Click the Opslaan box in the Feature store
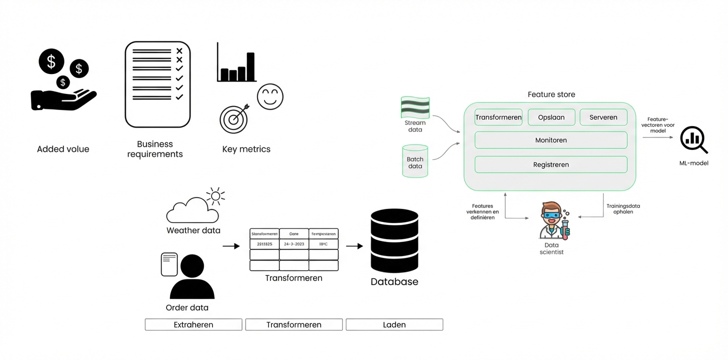coord(551,117)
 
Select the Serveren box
coord(603,117)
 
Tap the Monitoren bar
coord(550,140)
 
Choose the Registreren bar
coord(550,164)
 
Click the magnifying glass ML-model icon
coord(693,140)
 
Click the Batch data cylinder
coord(415,161)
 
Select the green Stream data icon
coord(415,107)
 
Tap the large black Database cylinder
coord(394,241)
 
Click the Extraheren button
coord(193,324)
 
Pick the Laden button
coord(394,324)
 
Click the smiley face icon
coord(270,96)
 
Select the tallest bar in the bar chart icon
coord(250,66)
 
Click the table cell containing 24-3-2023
coord(293,244)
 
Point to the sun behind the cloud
coord(215,196)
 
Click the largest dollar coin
coord(51,62)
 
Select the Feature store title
coord(551,94)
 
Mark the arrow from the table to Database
coord(354,246)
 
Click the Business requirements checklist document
coord(157,84)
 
